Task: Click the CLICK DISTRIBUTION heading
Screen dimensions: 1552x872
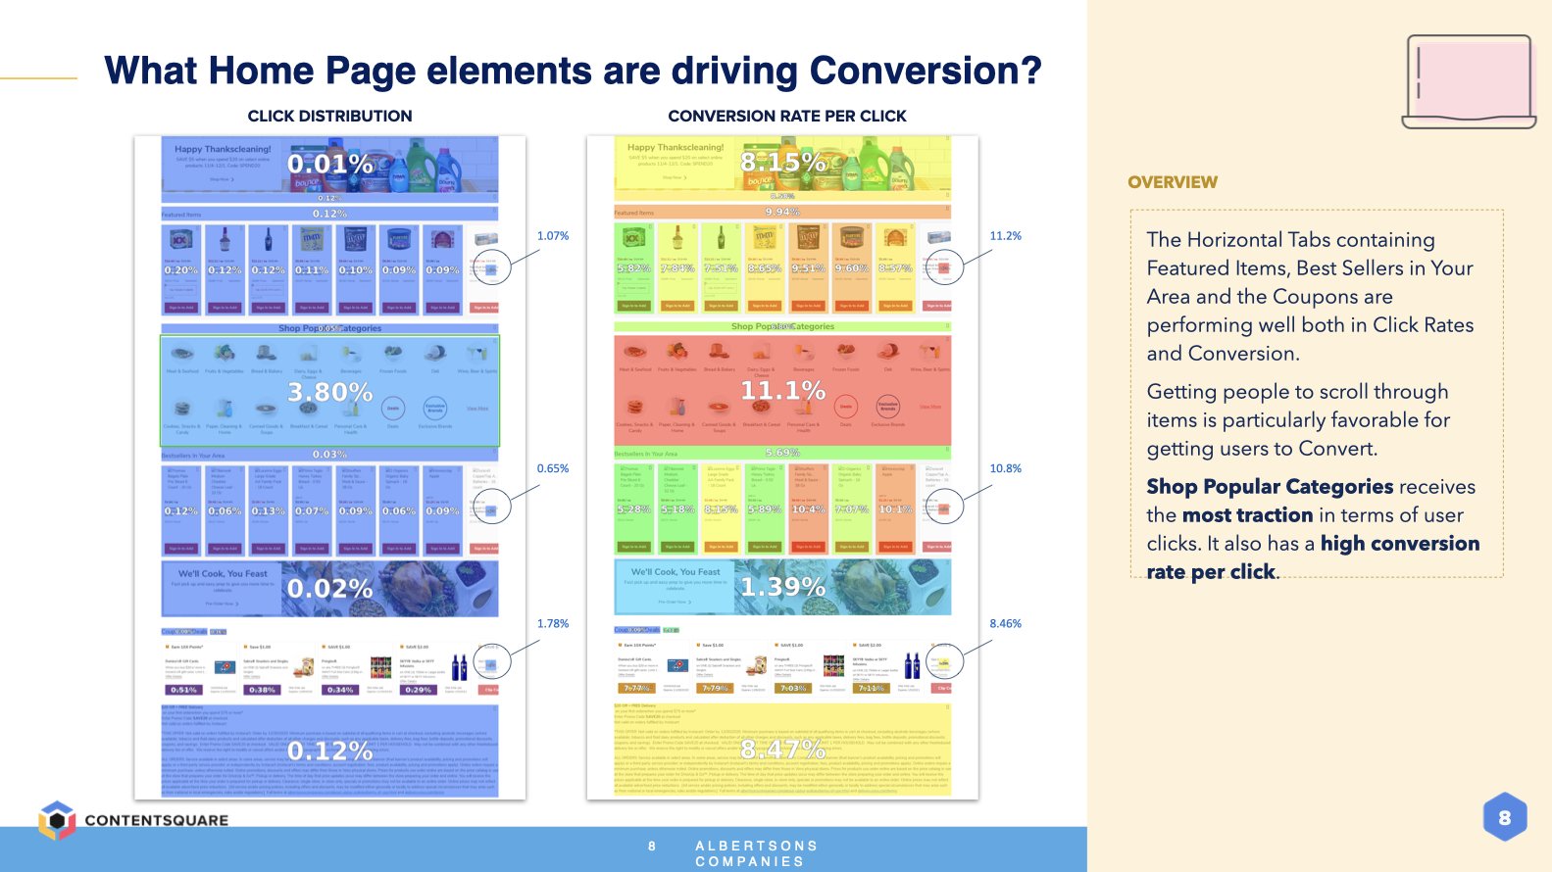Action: [329, 116]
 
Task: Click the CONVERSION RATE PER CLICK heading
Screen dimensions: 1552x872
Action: [786, 116]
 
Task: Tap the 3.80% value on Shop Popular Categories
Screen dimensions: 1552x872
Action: [329, 393]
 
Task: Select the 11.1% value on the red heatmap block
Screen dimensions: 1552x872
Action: [782, 391]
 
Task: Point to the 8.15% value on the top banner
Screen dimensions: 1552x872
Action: [782, 162]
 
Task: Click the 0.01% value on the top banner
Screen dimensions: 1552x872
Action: [329, 164]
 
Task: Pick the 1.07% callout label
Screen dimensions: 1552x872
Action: [553, 236]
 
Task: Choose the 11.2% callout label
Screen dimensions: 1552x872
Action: [1005, 236]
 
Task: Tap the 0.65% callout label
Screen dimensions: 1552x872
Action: [553, 468]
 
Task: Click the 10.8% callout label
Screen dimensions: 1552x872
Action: [1005, 468]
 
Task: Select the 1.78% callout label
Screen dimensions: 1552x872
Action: [553, 623]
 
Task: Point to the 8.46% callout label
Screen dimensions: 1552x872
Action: [1005, 623]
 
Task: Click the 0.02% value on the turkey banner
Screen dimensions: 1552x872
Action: [329, 589]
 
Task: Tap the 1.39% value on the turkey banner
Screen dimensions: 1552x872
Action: [782, 587]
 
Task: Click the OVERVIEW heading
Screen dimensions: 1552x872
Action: [1172, 182]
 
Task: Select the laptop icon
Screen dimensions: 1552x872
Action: [1469, 82]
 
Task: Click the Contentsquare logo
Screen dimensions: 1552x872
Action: [133, 820]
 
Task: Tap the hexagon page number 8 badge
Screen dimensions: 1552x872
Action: [1504, 817]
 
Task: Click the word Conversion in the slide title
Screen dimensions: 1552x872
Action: [925, 71]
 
